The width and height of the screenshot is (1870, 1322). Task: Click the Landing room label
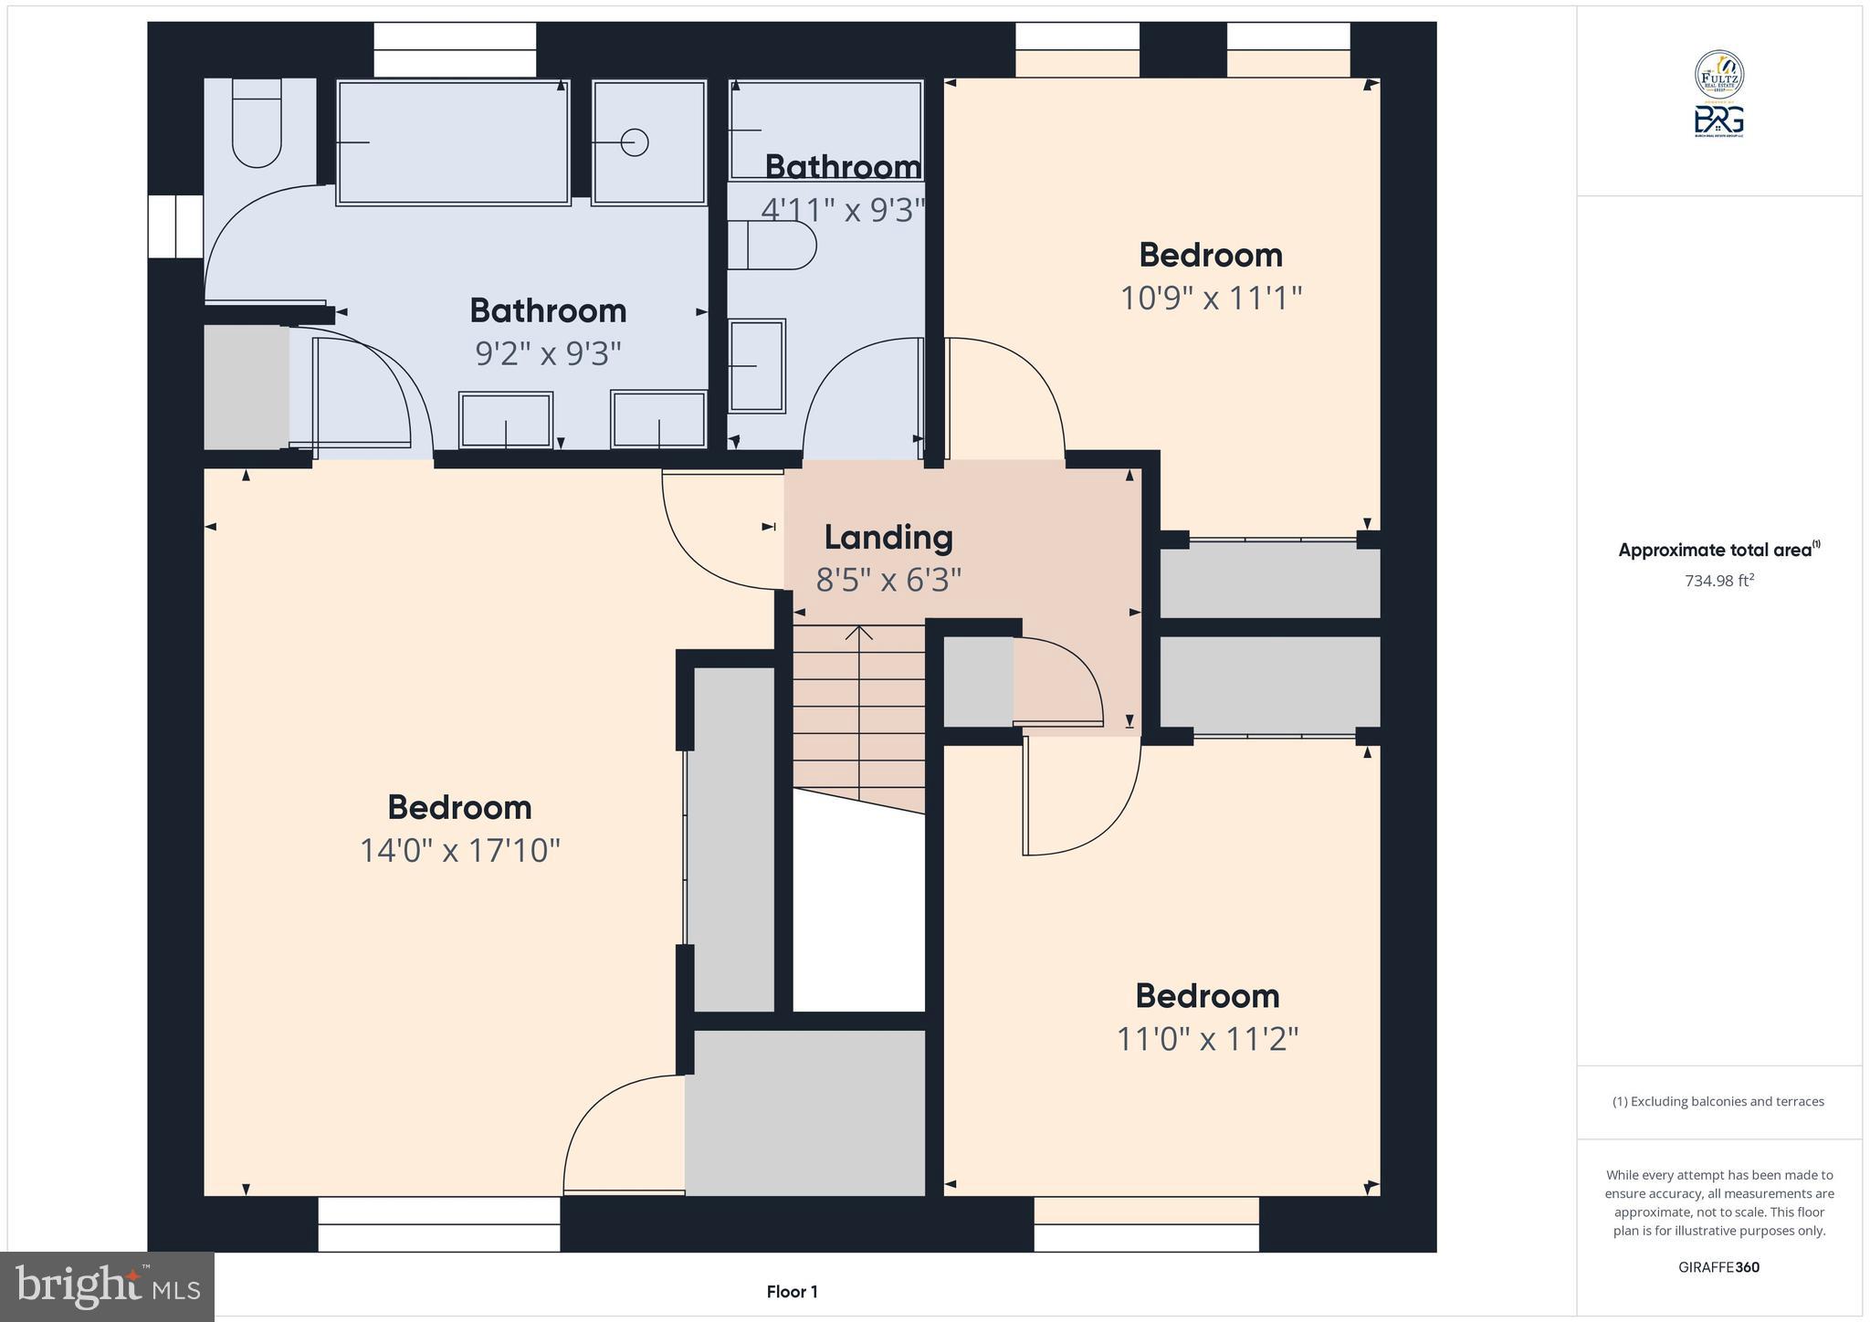[888, 538]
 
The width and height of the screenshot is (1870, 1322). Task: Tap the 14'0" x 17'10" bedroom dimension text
[459, 851]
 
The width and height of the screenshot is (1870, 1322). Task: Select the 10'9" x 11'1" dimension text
[1211, 299]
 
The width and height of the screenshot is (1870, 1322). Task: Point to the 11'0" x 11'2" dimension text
[1207, 1039]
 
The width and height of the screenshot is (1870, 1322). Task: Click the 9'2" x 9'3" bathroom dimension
[548, 353]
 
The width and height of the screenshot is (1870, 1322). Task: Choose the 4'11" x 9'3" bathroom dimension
[843, 210]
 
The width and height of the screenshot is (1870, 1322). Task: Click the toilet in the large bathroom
[257, 123]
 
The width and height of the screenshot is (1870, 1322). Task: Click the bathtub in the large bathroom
[454, 142]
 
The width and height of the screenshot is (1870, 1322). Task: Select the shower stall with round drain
[649, 142]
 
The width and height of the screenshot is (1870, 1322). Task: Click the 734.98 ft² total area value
[1719, 581]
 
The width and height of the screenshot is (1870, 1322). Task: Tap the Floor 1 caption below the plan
[792, 1292]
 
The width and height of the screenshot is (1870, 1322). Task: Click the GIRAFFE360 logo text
[1718, 1267]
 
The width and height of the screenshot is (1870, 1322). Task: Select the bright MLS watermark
[108, 1287]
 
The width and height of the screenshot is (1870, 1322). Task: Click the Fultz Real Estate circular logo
[1719, 75]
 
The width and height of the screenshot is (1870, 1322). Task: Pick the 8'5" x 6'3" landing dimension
[888, 580]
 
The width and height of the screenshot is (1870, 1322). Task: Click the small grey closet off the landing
[977, 681]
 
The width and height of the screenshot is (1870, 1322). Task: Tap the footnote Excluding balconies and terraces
[1718, 1101]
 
